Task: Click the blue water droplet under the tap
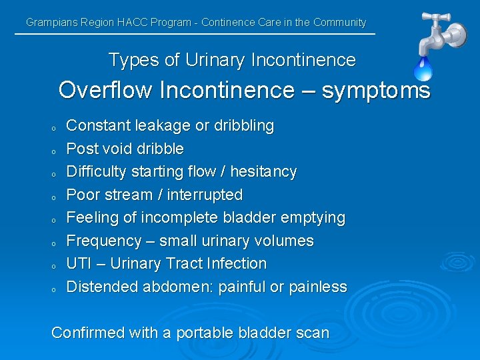423,69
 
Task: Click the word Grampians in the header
51,22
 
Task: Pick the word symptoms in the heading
376,90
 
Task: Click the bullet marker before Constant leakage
53,127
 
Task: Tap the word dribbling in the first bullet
242,125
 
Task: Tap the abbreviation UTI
79,263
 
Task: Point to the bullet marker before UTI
53,265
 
